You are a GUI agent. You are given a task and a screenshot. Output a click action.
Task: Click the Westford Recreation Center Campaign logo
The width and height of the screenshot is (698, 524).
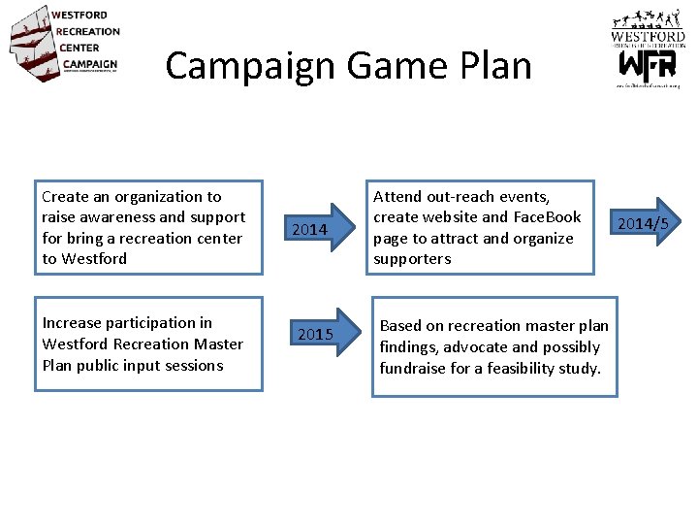coord(64,43)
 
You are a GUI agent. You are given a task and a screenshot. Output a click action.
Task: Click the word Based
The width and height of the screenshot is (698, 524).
coord(400,326)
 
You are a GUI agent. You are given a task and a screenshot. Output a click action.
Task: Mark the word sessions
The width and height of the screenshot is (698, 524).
coord(194,366)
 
